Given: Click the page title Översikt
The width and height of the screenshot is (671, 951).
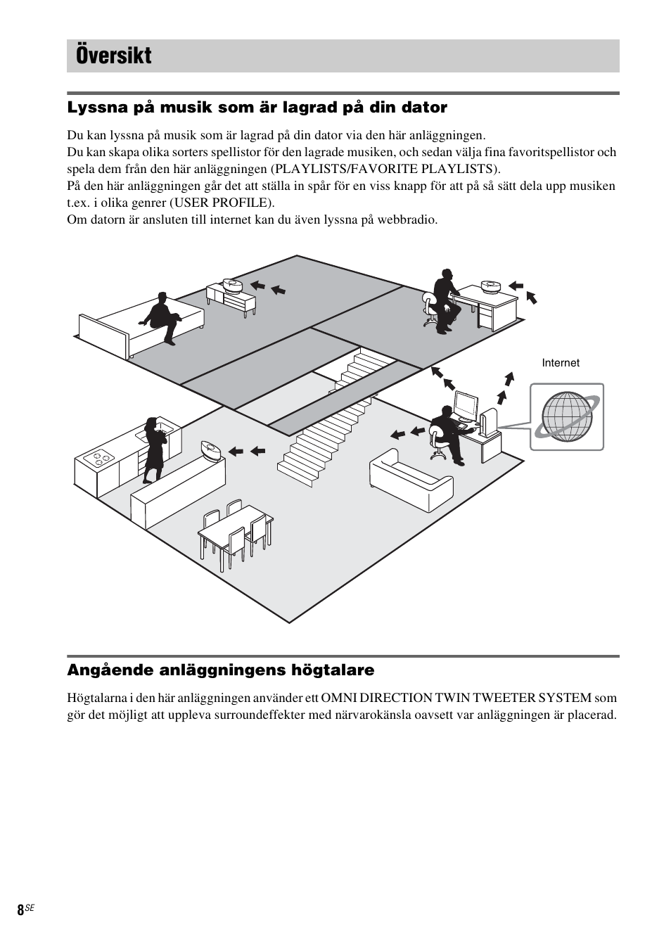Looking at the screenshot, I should (x=114, y=56).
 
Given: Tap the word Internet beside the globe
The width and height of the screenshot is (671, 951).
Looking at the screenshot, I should (x=560, y=363).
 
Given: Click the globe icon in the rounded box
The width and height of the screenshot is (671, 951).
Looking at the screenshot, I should (x=566, y=417).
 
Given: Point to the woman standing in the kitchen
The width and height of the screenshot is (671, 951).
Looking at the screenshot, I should (x=153, y=450).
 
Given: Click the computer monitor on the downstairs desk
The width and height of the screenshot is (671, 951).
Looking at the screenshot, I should (x=465, y=406).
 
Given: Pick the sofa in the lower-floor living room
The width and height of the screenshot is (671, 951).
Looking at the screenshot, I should (x=411, y=480).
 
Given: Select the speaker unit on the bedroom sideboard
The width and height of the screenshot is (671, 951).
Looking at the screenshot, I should (x=232, y=285).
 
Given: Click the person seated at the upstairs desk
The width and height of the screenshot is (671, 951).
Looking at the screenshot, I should (x=443, y=299).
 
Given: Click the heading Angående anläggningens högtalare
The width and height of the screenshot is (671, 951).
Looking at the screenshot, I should (x=220, y=670).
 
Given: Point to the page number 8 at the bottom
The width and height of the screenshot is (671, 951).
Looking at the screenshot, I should (x=20, y=909).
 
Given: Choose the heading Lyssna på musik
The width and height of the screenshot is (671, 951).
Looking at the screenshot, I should (x=257, y=108).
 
